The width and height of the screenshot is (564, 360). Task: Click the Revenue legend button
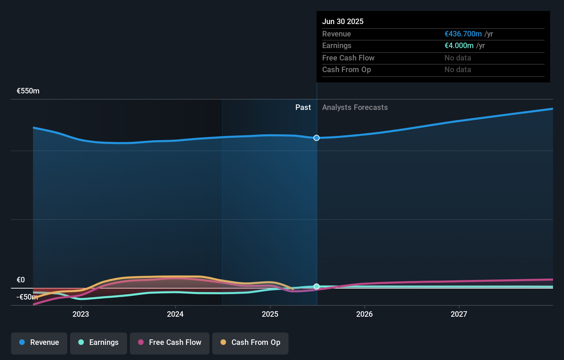[39, 342]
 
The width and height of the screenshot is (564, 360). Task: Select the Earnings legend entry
[99, 342]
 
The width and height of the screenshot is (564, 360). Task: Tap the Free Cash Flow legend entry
[170, 342]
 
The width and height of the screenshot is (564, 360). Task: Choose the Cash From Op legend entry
[250, 342]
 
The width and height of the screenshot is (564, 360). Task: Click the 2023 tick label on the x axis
[81, 314]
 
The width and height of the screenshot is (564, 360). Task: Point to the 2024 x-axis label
[175, 314]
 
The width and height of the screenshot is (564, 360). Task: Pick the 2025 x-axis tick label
[270, 314]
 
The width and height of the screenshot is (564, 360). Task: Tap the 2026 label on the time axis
[364, 314]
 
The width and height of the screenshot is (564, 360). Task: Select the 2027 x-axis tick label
[459, 314]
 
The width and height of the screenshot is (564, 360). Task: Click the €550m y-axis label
[28, 91]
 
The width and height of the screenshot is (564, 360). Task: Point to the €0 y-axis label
[21, 280]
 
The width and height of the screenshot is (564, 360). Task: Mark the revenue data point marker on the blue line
[316, 138]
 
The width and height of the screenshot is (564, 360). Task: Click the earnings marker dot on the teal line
[316, 286]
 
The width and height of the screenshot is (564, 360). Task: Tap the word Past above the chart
[303, 108]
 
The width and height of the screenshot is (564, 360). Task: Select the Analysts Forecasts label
[355, 108]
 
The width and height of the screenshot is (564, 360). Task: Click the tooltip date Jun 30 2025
[343, 21]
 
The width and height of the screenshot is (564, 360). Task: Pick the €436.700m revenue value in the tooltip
[463, 34]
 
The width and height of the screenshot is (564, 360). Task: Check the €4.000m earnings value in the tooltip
[459, 46]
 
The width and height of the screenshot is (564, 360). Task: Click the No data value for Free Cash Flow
[458, 58]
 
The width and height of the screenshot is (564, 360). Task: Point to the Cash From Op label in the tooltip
[347, 70]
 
